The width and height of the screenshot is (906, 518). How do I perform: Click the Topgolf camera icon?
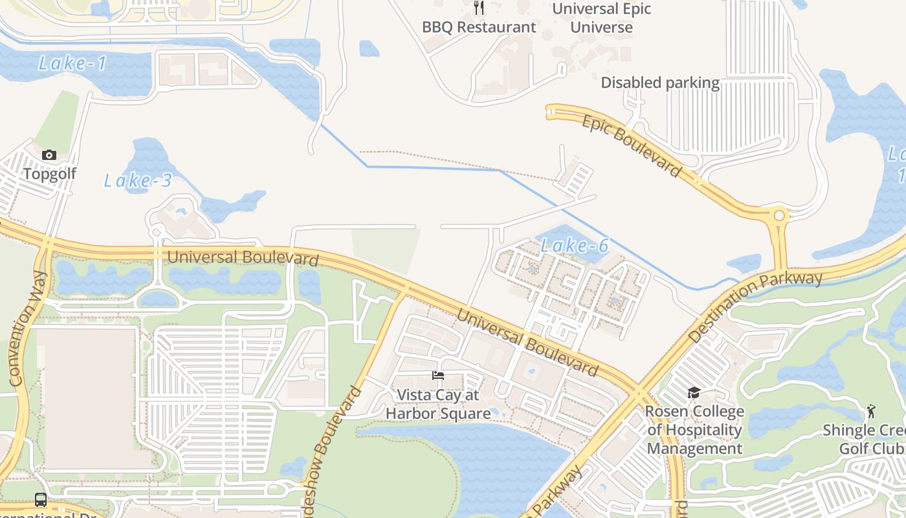coord(49,155)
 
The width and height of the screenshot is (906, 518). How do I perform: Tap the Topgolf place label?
coord(50,174)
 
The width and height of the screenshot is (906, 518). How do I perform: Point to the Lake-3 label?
coord(138,181)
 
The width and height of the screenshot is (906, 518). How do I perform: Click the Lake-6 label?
coord(575,245)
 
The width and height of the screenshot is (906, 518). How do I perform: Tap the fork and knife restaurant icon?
coord(479,8)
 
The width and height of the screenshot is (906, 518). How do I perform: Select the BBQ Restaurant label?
coord(479,27)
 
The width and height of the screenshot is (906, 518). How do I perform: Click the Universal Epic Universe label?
coord(601,18)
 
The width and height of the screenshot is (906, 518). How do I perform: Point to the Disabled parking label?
coord(660,83)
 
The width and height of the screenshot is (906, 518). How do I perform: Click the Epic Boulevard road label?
coord(631,146)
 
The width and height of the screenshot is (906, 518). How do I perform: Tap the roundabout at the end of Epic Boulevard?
coord(779,216)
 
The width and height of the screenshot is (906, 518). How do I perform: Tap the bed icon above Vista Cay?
coord(438,376)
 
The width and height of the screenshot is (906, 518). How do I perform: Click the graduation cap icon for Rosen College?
coord(694,392)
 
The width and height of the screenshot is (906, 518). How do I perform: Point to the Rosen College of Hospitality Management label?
coord(694,430)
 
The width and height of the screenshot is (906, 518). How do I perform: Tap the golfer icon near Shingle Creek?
coord(870,411)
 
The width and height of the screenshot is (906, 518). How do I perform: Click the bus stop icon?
coord(41,500)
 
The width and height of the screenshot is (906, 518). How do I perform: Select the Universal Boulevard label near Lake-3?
coord(243,258)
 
